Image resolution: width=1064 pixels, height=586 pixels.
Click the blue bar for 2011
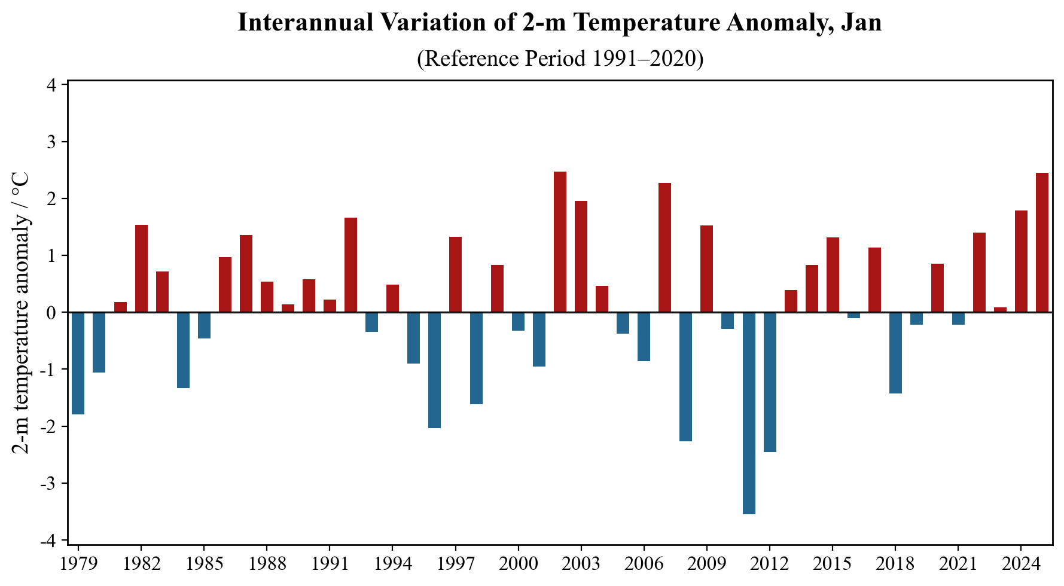click(748, 413)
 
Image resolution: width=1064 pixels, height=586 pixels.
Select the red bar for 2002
click(560, 242)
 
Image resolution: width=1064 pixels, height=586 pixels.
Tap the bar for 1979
click(78, 363)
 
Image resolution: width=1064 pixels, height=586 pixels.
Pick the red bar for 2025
click(1042, 243)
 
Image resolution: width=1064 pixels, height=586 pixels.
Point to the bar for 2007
click(664, 248)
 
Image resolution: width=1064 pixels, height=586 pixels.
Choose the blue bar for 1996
click(434, 370)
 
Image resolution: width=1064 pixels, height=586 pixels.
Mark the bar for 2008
click(685, 377)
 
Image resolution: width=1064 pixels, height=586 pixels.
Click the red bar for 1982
click(141, 268)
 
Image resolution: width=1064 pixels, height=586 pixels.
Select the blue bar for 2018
click(895, 353)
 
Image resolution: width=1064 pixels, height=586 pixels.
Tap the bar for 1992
click(350, 265)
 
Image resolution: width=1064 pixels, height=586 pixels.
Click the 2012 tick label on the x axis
click(769, 564)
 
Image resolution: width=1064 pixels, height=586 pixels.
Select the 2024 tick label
click(1021, 564)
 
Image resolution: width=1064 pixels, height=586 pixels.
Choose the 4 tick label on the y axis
click(51, 86)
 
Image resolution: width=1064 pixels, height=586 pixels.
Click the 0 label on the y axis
click(51, 313)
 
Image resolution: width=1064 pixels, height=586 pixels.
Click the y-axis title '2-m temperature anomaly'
click(21, 313)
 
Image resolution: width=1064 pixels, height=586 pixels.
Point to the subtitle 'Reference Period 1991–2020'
click(560, 59)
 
